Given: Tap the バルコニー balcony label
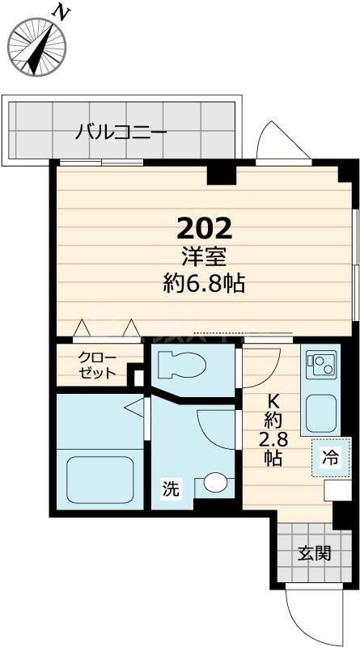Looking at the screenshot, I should (121, 131).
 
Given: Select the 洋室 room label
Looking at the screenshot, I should (205, 257).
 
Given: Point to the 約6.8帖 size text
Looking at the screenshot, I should (205, 283).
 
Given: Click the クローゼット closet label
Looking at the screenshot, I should (97, 366).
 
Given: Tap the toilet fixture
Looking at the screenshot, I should (184, 366).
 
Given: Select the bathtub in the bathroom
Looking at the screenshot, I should (99, 479).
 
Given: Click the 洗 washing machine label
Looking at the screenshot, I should (170, 488).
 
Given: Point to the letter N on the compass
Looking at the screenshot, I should (59, 11).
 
